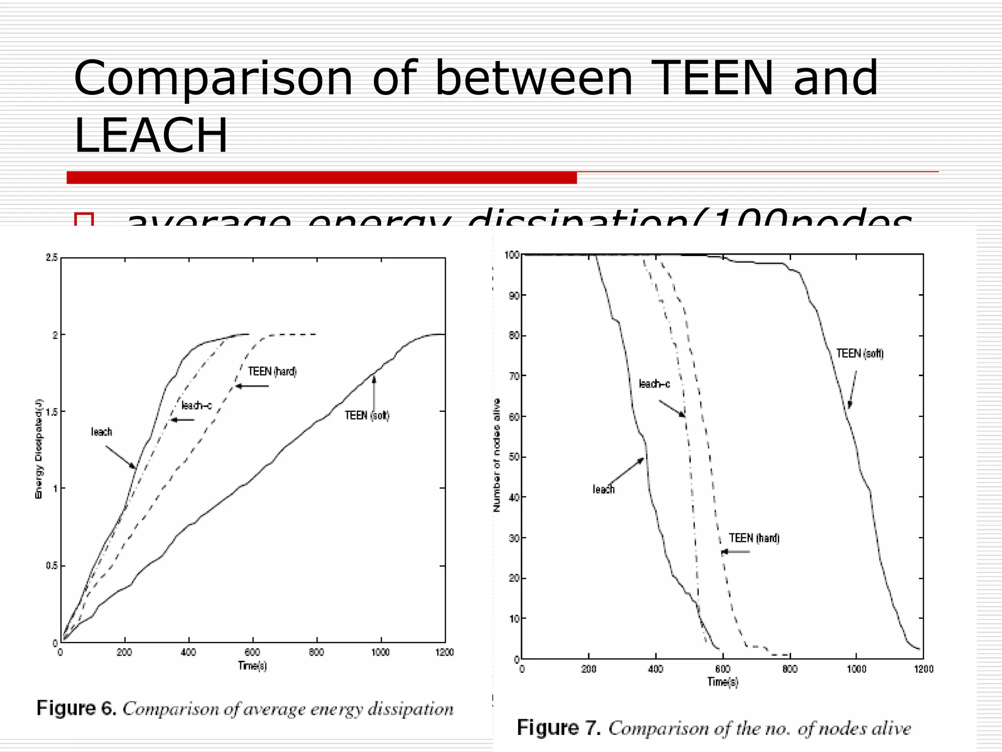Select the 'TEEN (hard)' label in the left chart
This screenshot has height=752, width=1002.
click(272, 372)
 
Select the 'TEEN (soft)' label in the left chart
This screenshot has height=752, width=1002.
click(367, 416)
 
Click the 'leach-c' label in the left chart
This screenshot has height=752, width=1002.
click(196, 405)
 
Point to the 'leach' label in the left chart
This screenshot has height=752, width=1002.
click(101, 432)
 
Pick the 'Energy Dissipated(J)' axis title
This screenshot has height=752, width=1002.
click(39, 449)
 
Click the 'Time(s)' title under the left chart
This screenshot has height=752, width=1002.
click(252, 666)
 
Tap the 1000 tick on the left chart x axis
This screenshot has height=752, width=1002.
click(380, 653)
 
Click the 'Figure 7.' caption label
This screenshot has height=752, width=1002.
click(558, 728)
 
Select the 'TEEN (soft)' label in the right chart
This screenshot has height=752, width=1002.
click(860, 353)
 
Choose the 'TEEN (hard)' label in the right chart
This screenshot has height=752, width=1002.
click(754, 538)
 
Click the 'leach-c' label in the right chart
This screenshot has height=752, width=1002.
click(654, 384)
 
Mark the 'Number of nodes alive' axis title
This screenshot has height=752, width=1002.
click(497, 455)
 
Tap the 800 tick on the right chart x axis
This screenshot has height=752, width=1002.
click(790, 669)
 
